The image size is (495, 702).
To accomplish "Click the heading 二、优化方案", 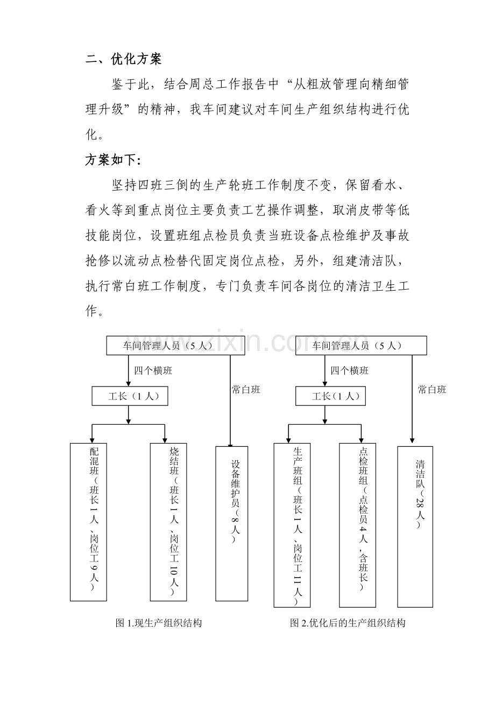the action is pos(123,59).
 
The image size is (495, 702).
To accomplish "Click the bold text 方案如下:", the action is pos(114,160).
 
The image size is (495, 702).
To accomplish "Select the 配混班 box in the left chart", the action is pos(88,522).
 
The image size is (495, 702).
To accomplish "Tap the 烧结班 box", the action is pos(168,522).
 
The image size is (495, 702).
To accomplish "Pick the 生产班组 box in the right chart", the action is pos(292,525).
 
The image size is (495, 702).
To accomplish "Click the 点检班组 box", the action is pos(357,525).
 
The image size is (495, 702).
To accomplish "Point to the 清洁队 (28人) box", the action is pos(415,526).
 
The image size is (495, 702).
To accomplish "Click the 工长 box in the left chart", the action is pos(130,396).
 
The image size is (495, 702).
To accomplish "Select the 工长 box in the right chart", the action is pos(330,396).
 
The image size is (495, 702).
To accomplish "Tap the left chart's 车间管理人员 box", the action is pos(175,346).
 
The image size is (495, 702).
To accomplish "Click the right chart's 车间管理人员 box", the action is pos(361,346).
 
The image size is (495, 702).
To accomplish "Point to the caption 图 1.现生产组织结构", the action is pos(159,623).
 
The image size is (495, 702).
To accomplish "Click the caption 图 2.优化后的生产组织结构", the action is pos(348,623).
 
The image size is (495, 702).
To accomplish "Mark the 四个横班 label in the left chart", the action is pos(153,371).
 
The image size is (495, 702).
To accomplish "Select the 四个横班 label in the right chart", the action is pos(349,371).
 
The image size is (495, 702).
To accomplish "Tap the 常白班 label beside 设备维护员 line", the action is pos(246,390).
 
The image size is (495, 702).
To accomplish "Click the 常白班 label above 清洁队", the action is pos(432,390).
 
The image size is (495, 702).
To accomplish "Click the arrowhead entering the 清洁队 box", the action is pos(412,440).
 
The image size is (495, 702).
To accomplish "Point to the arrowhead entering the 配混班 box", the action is pos(92,440).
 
